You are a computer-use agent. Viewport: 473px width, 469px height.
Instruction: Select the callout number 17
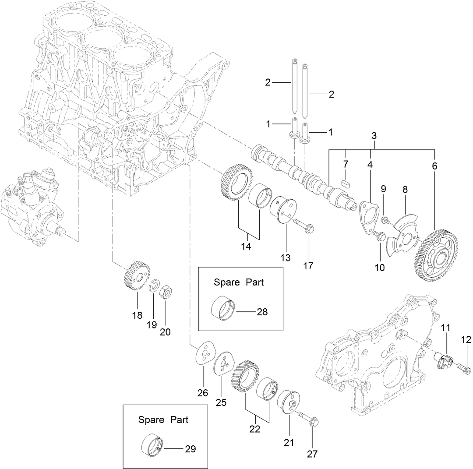308,266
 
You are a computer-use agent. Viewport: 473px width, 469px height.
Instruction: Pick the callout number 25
221,402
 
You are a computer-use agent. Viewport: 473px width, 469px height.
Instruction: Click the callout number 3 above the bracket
374,135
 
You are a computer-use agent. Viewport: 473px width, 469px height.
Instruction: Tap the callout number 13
286,257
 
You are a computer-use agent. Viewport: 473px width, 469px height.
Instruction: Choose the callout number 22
254,429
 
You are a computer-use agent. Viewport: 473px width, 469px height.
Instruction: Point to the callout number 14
246,246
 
